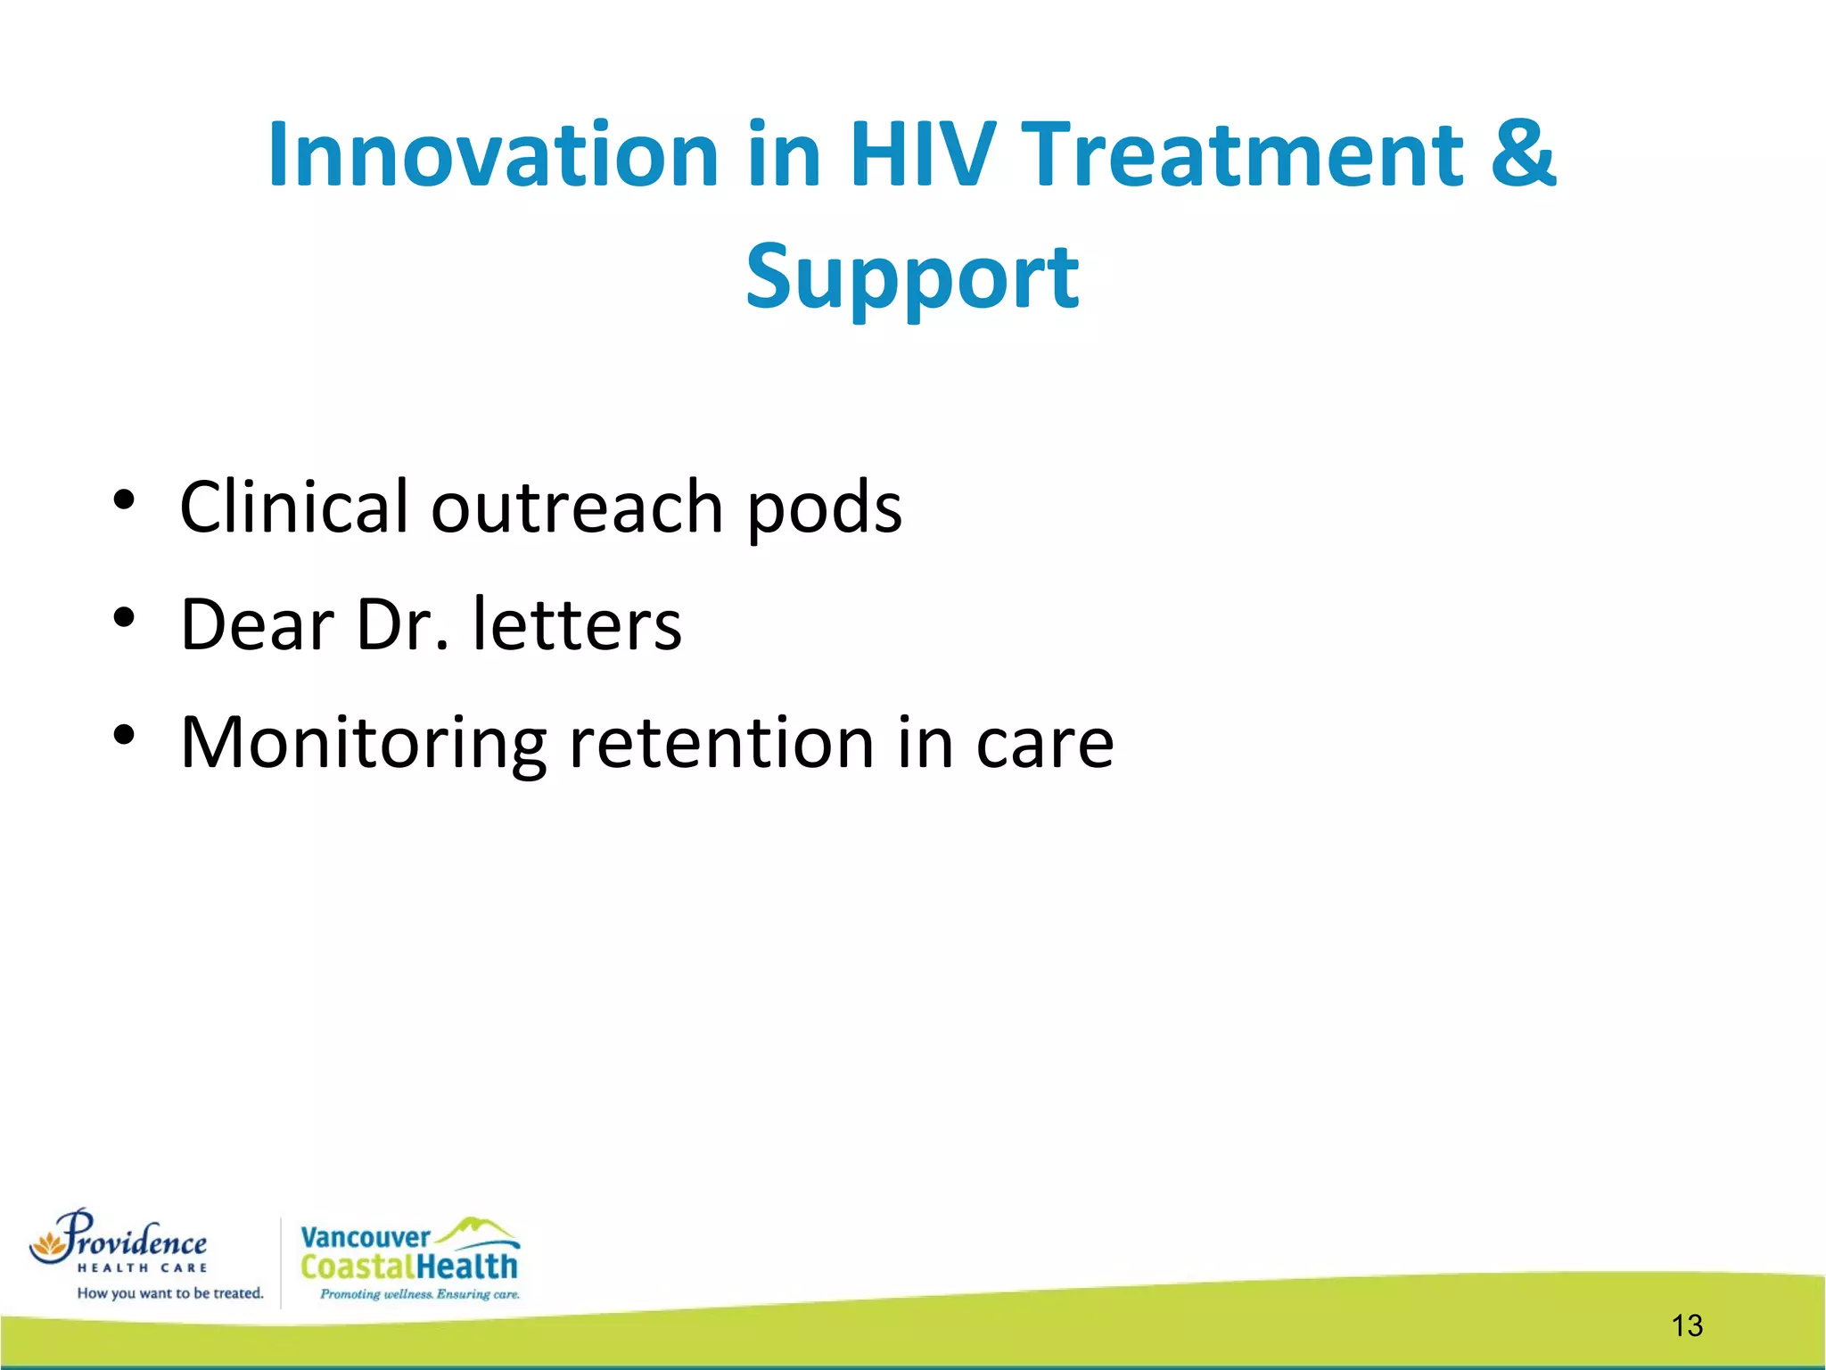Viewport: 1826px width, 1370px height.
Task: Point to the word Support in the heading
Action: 912,278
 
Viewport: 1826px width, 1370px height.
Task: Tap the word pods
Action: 824,508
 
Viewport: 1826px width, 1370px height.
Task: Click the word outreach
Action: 577,507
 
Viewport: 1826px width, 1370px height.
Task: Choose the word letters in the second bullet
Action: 577,624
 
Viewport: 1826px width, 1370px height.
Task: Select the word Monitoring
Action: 363,744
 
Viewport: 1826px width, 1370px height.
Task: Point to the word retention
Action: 721,742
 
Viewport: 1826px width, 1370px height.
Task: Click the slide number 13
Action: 1687,1325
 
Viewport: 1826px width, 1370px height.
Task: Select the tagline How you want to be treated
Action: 170,1293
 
